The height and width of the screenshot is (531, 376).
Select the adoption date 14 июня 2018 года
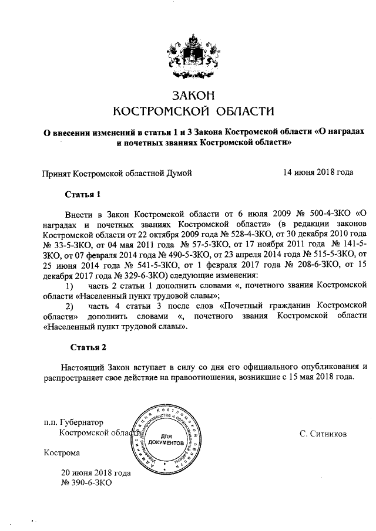coord(318,173)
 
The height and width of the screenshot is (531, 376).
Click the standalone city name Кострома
coord(62,452)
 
